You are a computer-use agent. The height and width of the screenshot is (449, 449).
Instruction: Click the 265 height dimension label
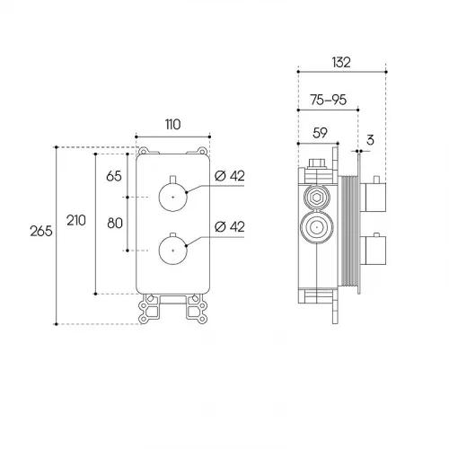click(x=41, y=231)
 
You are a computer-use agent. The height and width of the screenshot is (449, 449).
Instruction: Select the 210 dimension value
click(x=76, y=221)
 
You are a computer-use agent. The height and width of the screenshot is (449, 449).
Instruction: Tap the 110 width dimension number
click(x=172, y=125)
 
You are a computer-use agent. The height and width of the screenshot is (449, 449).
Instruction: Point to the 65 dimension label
click(x=114, y=176)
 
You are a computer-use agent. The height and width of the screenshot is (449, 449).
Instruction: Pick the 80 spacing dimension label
click(x=115, y=224)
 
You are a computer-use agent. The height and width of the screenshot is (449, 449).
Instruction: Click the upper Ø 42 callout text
click(x=230, y=176)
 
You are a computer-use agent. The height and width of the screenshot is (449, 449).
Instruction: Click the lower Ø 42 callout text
click(x=230, y=226)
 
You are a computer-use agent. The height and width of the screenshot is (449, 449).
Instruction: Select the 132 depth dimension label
click(x=341, y=62)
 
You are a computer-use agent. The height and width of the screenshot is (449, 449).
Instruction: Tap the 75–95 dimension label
click(x=329, y=100)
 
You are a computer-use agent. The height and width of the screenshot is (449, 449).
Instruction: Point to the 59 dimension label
click(x=320, y=133)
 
